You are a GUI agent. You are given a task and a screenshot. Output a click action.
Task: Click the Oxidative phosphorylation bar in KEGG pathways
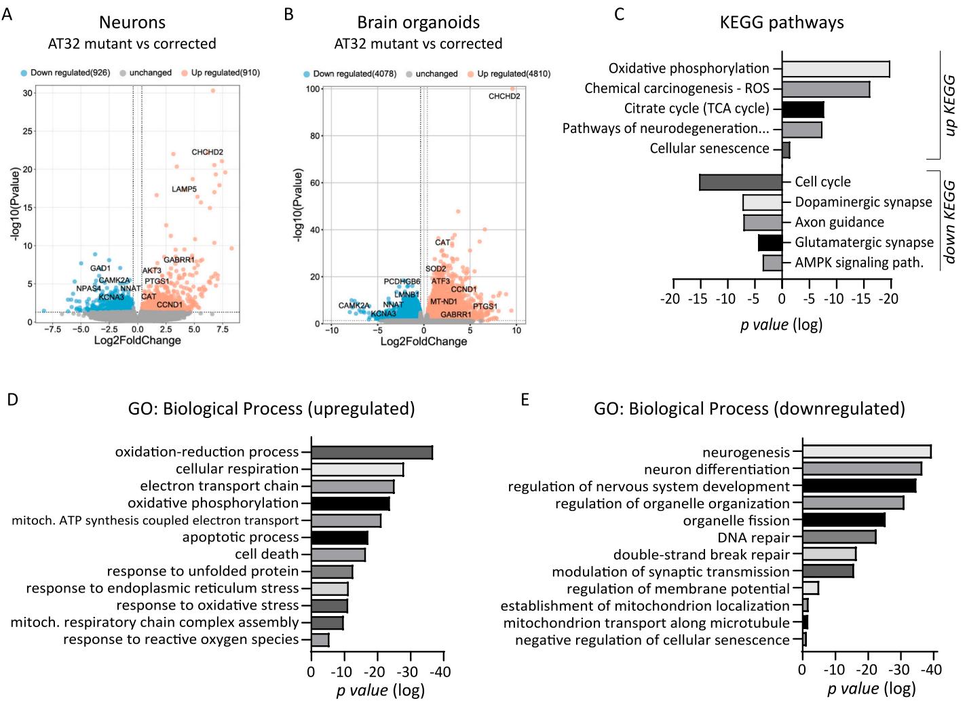(x=835, y=69)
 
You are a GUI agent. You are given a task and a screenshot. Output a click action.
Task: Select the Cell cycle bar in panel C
(x=740, y=182)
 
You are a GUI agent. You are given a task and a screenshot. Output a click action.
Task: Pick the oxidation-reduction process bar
(x=371, y=452)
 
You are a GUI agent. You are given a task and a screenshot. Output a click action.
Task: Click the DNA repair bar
(x=839, y=537)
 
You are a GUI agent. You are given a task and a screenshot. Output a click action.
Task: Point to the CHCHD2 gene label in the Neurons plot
(x=207, y=152)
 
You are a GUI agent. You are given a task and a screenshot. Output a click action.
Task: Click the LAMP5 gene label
(x=184, y=189)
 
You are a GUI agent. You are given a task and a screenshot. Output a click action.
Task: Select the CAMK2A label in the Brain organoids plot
(x=354, y=305)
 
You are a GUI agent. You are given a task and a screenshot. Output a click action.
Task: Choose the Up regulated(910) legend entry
(x=225, y=73)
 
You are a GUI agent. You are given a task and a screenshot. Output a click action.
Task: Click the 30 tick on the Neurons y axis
(x=28, y=93)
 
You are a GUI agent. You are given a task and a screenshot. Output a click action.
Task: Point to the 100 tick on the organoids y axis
(x=313, y=89)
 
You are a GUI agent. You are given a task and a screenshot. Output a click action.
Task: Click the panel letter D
(x=12, y=400)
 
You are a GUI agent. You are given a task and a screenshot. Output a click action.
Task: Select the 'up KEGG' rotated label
(x=949, y=105)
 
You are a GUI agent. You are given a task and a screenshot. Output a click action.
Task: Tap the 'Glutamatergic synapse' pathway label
(x=864, y=242)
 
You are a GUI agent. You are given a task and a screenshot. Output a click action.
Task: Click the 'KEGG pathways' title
(x=782, y=22)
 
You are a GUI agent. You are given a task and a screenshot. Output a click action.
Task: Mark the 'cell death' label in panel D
(x=267, y=554)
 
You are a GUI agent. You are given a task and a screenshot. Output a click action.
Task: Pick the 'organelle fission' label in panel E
(x=736, y=520)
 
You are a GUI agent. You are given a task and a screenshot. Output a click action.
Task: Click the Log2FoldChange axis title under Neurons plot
(x=137, y=340)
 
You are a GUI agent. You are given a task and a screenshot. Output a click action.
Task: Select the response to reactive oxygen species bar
(x=320, y=640)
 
